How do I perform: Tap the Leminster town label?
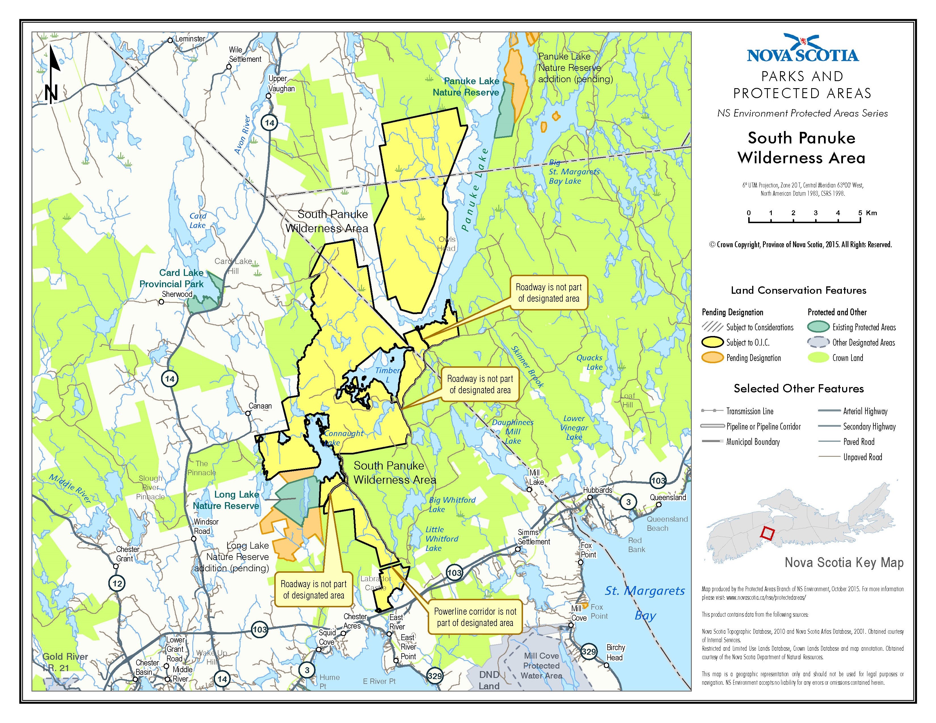(190, 39)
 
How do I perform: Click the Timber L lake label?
(387, 375)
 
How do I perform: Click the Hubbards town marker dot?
(590, 497)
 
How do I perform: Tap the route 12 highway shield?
(117, 584)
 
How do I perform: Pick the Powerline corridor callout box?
(475, 617)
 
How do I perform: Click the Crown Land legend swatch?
(818, 358)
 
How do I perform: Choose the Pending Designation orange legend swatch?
(712, 358)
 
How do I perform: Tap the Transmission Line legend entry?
(750, 411)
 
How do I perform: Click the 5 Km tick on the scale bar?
(860, 221)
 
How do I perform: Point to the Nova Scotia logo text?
(802, 56)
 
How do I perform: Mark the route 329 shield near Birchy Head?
(589, 652)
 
